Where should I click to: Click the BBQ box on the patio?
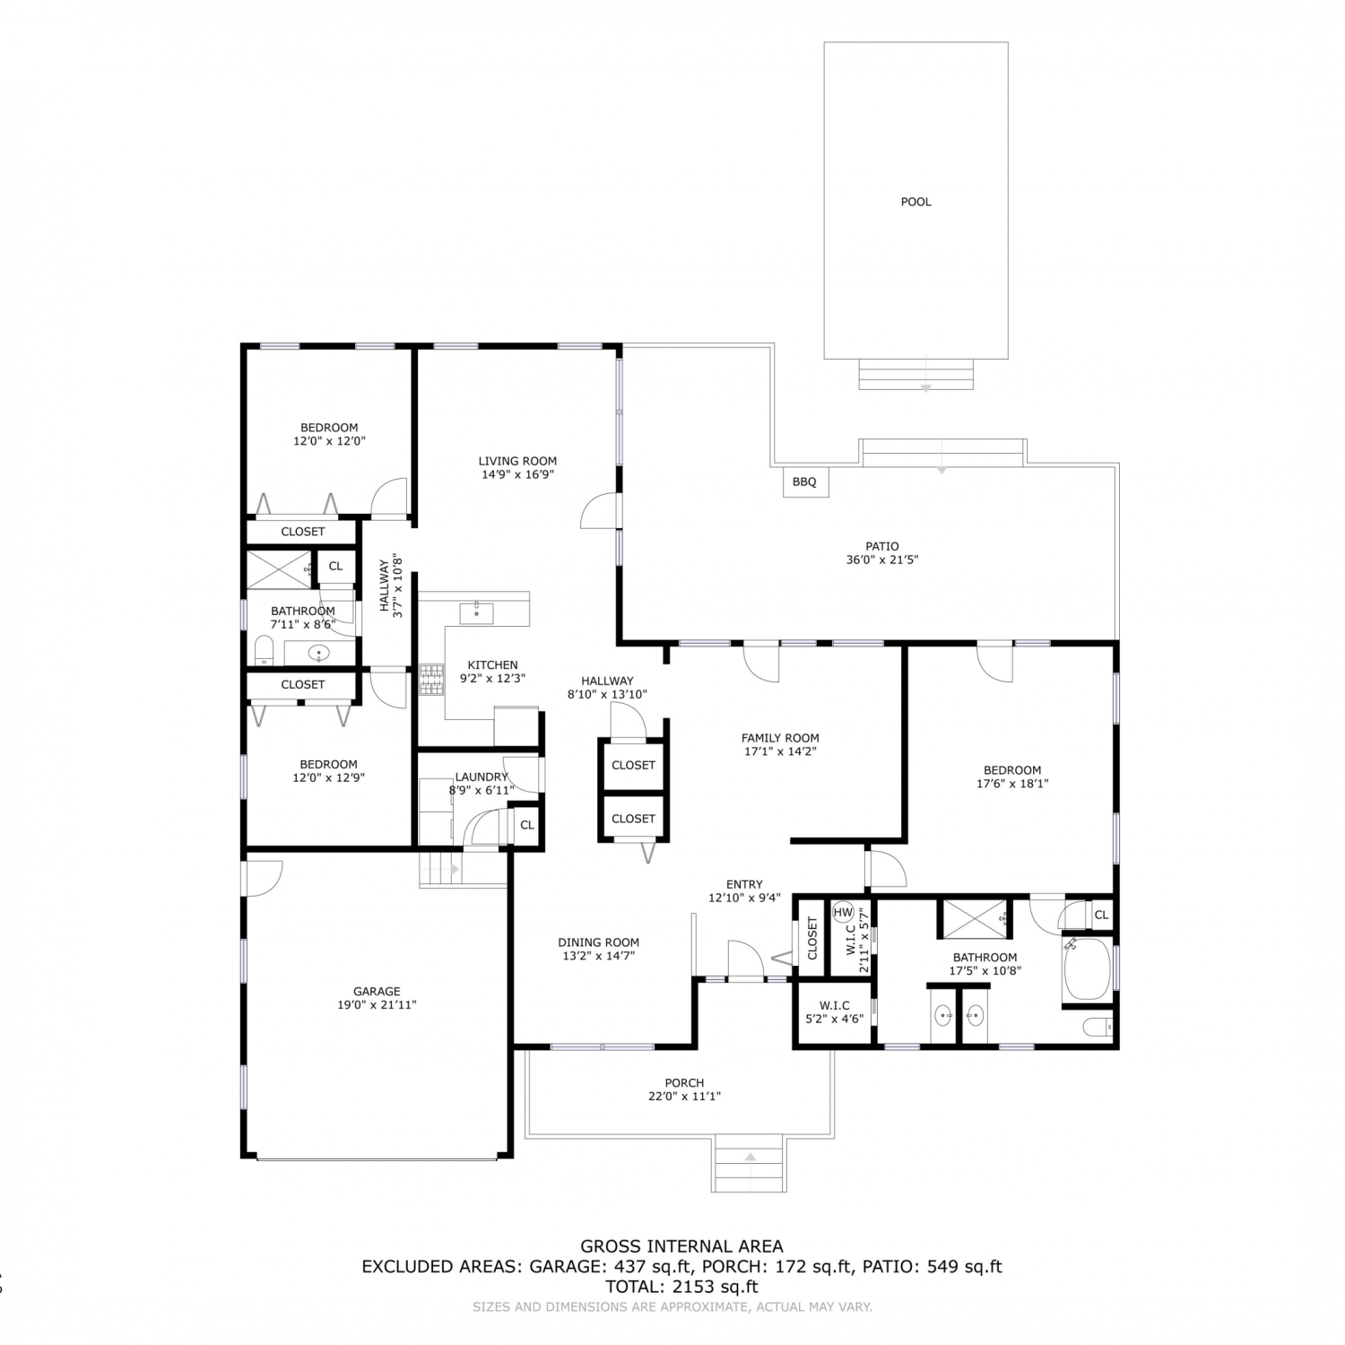pyautogui.click(x=805, y=482)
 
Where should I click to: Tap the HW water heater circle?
pyautogui.click(x=843, y=913)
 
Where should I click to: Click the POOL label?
pyautogui.click(x=915, y=202)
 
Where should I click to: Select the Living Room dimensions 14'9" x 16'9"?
pyautogui.click(x=517, y=474)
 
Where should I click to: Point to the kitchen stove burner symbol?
pyautogui.click(x=431, y=679)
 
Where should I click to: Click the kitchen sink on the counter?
pyautogui.click(x=476, y=613)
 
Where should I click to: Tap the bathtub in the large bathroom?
pyautogui.click(x=1087, y=968)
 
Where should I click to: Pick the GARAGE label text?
pyautogui.click(x=377, y=991)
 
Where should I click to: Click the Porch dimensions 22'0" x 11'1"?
pyautogui.click(x=684, y=1096)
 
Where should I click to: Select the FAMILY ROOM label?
pyautogui.click(x=780, y=738)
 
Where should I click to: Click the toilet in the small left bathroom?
pyautogui.click(x=264, y=649)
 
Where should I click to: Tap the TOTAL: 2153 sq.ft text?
pyautogui.click(x=681, y=1287)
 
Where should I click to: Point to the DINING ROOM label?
pyautogui.click(x=598, y=942)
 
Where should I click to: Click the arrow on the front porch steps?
pyautogui.click(x=750, y=1158)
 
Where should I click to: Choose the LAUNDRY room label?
pyautogui.click(x=482, y=777)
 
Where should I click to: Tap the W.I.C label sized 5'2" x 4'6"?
pyautogui.click(x=834, y=1006)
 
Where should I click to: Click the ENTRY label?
pyautogui.click(x=744, y=884)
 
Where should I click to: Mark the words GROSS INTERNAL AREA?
pyautogui.click(x=681, y=1245)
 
